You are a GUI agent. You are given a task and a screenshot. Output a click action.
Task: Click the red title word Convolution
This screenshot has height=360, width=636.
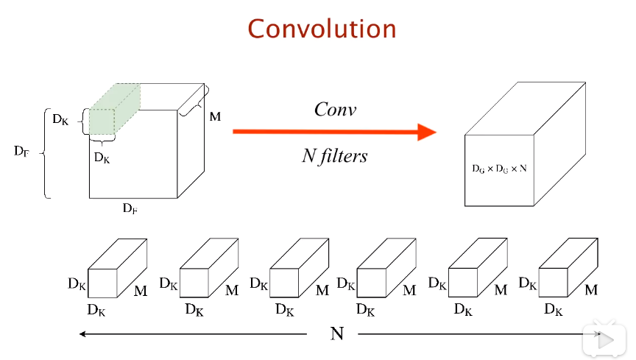[322, 29]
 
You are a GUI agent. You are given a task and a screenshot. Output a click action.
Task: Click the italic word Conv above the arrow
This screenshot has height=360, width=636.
[336, 109]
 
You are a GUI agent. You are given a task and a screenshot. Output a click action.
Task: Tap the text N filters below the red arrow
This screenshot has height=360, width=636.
[335, 156]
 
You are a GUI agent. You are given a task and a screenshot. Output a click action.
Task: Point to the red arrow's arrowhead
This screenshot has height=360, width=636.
[427, 132]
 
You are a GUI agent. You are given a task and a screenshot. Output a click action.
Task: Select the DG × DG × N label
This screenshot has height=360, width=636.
[499, 169]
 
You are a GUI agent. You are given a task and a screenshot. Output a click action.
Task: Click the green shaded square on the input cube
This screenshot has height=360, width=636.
[102, 121]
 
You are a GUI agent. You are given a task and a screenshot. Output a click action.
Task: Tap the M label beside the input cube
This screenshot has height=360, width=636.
[215, 117]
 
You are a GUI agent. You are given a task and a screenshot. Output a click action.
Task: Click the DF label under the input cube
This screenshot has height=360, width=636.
[130, 208]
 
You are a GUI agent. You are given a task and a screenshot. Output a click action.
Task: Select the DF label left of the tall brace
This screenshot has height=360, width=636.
[21, 152]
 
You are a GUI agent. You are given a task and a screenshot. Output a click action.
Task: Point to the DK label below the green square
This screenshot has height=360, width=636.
[102, 158]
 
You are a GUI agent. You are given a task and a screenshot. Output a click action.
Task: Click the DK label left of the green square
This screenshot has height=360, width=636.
[60, 119]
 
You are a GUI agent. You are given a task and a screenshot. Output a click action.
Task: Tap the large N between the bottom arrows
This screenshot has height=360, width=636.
[337, 333]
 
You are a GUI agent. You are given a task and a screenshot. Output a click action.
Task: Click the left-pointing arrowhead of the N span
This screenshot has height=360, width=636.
[82, 334]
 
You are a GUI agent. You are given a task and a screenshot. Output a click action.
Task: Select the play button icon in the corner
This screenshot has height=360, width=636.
[604, 340]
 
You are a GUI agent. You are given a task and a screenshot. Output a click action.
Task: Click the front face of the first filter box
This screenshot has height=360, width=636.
[102, 283]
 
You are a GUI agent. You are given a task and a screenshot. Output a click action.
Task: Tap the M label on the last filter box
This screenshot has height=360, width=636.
[591, 290]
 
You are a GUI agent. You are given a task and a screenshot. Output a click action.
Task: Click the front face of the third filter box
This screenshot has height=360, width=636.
[284, 283]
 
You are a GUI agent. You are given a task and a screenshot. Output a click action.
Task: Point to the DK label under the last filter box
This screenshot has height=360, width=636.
[554, 310]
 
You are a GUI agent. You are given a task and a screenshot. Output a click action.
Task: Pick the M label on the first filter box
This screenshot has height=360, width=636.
[141, 291]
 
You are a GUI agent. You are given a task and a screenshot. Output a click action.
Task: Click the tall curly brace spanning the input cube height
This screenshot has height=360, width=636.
[44, 153]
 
